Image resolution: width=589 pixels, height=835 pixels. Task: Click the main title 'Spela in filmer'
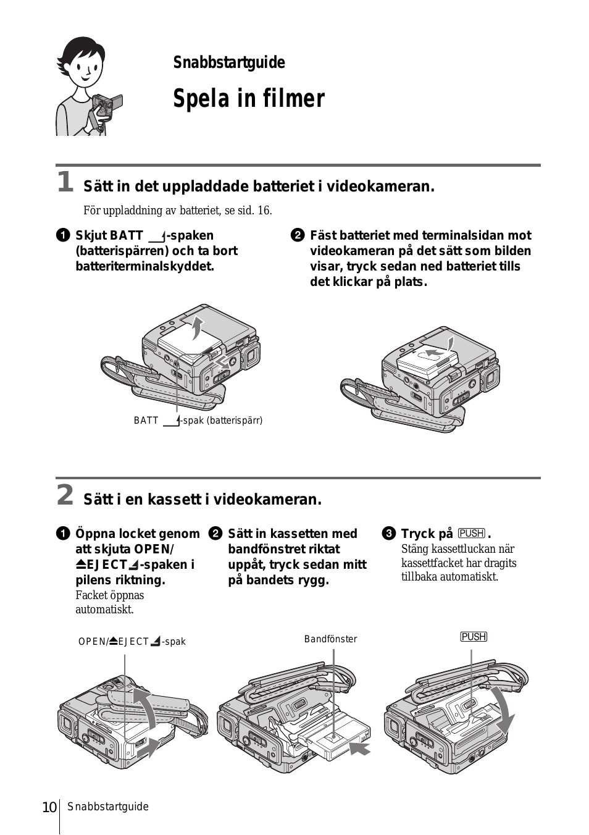pos(248,99)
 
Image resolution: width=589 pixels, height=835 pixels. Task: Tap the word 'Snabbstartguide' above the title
pos(228,63)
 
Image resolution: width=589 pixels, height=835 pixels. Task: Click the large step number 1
pos(65,182)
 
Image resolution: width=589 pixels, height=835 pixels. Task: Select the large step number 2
pos(65,495)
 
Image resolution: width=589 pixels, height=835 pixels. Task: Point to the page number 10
pos(49,807)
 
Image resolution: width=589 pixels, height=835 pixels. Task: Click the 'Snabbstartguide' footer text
pos(108,807)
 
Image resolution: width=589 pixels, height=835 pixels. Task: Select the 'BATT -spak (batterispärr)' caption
pos(198,421)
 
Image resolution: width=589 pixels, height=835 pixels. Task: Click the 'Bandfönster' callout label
pos(330,639)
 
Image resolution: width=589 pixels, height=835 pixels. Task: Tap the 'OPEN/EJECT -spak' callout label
pos(132,642)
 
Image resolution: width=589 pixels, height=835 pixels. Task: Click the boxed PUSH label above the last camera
pos(473,637)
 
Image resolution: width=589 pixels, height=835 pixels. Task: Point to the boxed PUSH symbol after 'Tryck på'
pos(472,534)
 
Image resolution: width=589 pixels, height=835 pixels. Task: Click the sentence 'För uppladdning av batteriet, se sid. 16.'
pos(178,211)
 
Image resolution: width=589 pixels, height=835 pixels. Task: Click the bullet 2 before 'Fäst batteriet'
pos(297,235)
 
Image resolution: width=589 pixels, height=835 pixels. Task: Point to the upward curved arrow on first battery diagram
pos(197,325)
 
